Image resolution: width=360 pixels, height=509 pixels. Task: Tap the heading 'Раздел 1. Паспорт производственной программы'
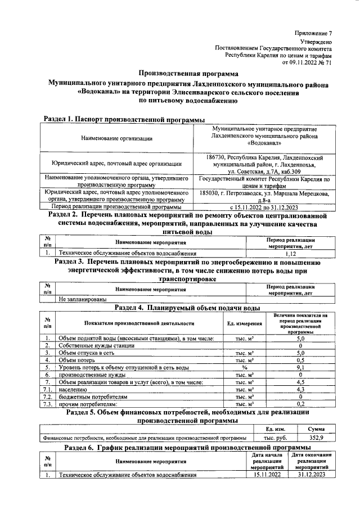click(x=124, y=119)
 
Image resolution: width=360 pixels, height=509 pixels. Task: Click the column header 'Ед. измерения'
click(x=245, y=323)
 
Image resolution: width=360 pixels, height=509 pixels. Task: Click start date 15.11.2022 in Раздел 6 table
click(x=267, y=475)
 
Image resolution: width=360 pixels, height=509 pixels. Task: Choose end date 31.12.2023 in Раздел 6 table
click(x=312, y=475)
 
